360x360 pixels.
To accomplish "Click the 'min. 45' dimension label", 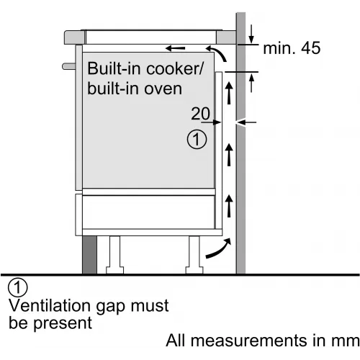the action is coord(292,48).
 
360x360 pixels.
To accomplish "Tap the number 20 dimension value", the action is coord(200,114).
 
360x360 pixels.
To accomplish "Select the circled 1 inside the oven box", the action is coord(197,140).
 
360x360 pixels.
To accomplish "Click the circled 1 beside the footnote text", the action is coord(18,287).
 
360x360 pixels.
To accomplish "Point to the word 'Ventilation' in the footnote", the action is coord(50,305).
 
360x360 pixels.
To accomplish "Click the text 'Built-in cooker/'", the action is coord(145,68).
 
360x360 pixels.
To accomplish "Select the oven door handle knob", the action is coord(69,66).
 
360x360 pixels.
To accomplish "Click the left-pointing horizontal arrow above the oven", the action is coord(176,48).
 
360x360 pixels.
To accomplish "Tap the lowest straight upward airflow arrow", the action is coord(229,206).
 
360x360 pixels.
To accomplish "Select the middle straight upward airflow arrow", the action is coord(229,155).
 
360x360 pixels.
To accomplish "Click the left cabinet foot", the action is coord(114,255).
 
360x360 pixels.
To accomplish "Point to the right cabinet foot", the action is coord(194,255).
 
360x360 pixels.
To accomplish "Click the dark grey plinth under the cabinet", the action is coord(89,255).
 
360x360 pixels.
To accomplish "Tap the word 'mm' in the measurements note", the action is coord(345,341).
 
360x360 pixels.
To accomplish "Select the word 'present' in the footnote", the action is coord(63,324).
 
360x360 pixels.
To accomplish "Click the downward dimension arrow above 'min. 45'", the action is coord(251,34).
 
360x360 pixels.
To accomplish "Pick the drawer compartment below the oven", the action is coord(148,212).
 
